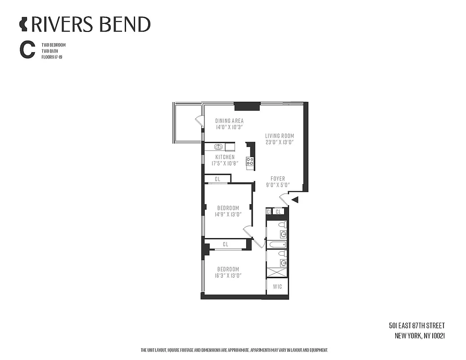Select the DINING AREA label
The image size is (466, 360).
click(x=229, y=121)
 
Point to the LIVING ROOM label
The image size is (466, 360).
click(x=279, y=135)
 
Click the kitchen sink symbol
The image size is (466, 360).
click(x=219, y=147)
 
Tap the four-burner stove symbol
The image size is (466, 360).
click(x=249, y=162)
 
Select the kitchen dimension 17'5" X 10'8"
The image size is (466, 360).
click(x=225, y=163)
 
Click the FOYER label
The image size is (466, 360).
click(x=278, y=179)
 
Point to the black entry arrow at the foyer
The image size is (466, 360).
click(x=295, y=199)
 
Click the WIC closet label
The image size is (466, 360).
click(x=277, y=286)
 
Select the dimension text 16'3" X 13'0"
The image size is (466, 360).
click(x=227, y=276)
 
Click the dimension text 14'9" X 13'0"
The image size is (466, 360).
click(x=228, y=214)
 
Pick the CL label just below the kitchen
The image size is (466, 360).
click(x=217, y=179)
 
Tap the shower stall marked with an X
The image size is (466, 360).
click(x=277, y=271)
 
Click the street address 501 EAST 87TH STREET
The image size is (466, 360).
click(x=416, y=326)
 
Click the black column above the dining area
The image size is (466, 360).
click(x=247, y=107)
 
